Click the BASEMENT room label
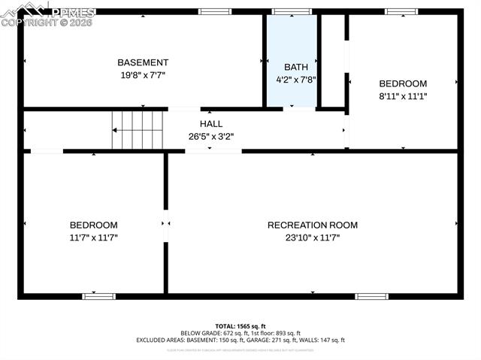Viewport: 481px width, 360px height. pyautogui.click(x=143, y=62)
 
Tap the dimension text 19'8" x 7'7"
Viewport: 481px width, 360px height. pyautogui.click(x=143, y=75)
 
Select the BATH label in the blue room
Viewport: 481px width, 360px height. pyautogui.click(x=296, y=67)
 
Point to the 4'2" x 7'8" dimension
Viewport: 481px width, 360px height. pyautogui.click(x=296, y=79)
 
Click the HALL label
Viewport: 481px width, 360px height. pyautogui.click(x=210, y=124)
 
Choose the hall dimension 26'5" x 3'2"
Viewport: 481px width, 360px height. pyautogui.click(x=210, y=137)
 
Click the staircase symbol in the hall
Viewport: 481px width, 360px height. pyautogui.click(x=138, y=130)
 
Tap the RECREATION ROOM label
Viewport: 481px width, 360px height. pyautogui.click(x=313, y=225)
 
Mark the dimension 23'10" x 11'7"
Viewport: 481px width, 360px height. pyautogui.click(x=313, y=237)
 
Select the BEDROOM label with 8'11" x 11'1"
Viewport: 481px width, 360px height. pyautogui.click(x=403, y=83)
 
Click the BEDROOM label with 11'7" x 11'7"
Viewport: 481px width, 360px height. pyautogui.click(x=94, y=225)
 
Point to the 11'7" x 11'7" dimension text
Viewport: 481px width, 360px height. pyautogui.click(x=94, y=237)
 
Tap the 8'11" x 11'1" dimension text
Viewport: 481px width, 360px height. pyautogui.click(x=403, y=96)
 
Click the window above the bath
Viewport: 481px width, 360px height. pyautogui.click(x=292, y=11)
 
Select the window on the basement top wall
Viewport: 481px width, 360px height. pyautogui.click(x=215, y=11)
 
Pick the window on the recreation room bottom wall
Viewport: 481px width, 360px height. pyautogui.click(x=371, y=296)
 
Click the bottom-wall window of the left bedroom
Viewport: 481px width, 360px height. pyautogui.click(x=98, y=296)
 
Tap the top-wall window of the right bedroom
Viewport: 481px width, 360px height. pyautogui.click(x=401, y=11)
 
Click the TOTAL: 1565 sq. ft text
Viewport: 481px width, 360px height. pyautogui.click(x=240, y=325)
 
